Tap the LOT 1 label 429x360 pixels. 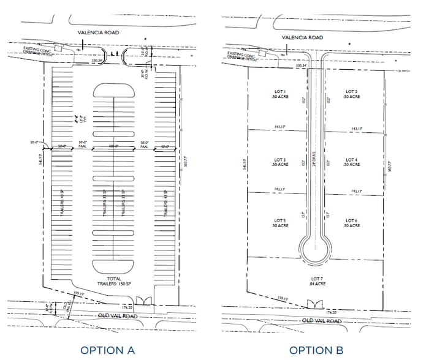[280, 94]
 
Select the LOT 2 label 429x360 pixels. [351, 94]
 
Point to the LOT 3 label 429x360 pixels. [280, 162]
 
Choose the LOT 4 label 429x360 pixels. [351, 162]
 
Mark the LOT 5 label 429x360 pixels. [280, 223]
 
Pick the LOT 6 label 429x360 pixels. [351, 223]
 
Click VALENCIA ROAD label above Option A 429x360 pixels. [98, 32]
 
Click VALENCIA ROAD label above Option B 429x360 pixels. [303, 37]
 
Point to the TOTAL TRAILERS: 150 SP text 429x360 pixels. [115, 282]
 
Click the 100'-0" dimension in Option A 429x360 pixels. [114, 146]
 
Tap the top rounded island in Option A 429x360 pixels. [115, 90]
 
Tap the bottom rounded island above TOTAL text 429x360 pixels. [115, 266]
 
